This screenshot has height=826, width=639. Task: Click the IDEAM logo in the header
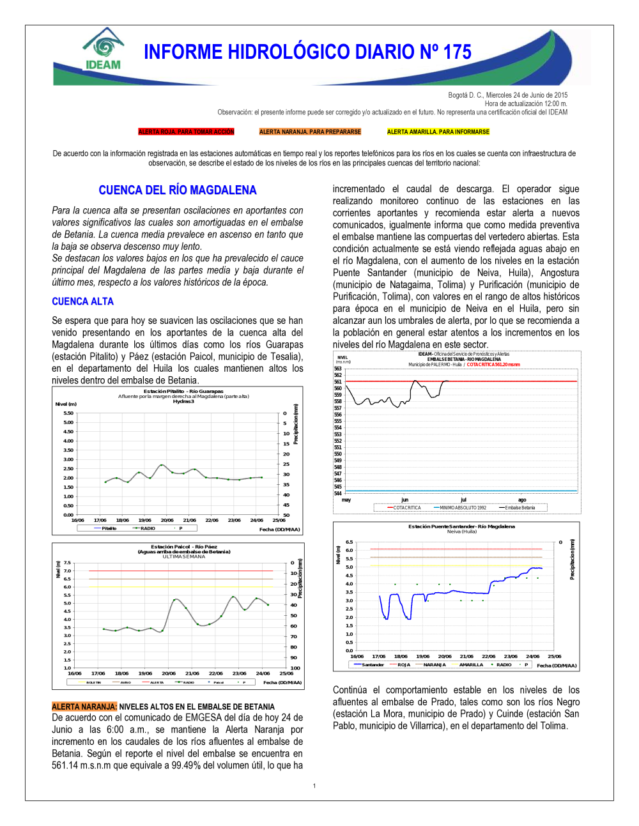(103, 49)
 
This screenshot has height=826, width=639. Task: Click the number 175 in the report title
(457, 52)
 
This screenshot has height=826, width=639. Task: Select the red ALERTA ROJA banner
(186, 132)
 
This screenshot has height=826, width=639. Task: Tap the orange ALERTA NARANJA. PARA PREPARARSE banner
(310, 132)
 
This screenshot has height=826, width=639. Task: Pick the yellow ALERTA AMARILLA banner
(438, 132)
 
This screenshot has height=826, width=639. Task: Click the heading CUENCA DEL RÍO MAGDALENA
(177, 190)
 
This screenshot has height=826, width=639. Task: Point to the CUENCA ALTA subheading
(82, 301)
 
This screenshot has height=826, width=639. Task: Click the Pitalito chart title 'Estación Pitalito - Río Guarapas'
(183, 391)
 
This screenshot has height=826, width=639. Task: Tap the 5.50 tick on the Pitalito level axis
(68, 413)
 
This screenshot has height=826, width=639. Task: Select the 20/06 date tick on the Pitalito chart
(167, 520)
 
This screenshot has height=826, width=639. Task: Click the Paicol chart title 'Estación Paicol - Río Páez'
(184, 547)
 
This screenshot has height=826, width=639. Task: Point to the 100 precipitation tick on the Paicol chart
(295, 668)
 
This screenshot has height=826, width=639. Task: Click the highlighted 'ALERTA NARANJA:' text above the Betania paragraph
(84, 707)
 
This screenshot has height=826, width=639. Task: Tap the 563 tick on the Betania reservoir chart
(338, 369)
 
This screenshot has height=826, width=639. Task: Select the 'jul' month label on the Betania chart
(463, 500)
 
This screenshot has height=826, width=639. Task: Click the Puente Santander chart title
(461, 526)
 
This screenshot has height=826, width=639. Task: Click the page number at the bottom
(314, 786)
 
